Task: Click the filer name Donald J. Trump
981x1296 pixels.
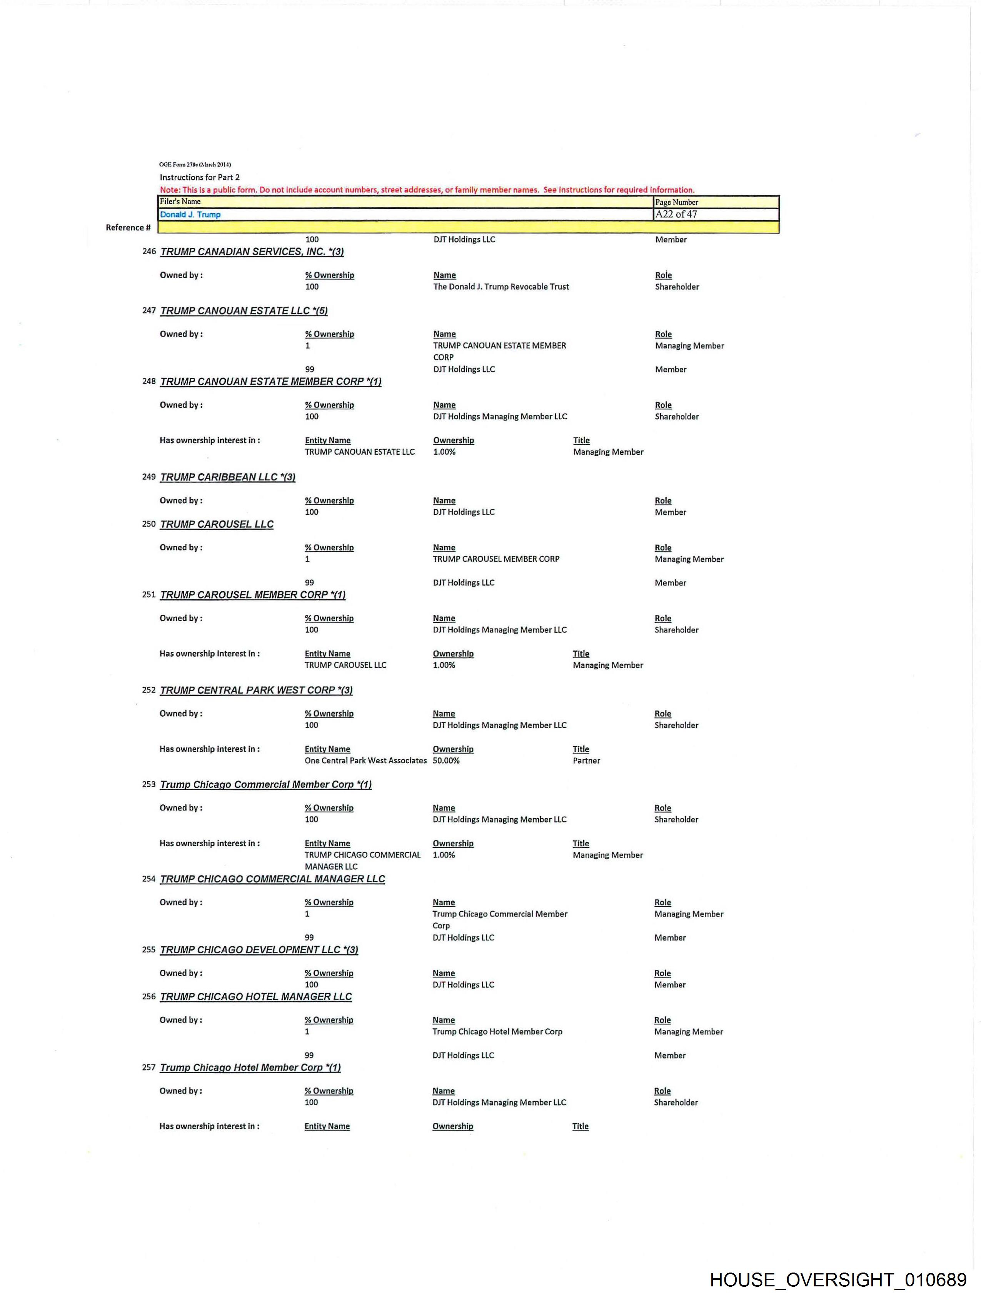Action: pos(190,214)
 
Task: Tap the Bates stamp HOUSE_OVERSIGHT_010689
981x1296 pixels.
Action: pos(838,1279)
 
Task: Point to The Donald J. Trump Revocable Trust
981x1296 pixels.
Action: pos(501,287)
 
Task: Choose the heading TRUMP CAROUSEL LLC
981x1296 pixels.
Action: pos(217,524)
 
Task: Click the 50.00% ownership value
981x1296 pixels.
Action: pos(446,761)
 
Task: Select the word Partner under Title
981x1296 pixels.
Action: pos(586,761)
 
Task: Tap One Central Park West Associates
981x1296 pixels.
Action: pos(365,761)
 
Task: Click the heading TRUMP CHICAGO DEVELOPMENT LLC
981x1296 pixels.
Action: pos(259,950)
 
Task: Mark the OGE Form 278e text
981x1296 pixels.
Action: pos(195,165)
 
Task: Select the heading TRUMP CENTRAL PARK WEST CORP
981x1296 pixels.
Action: pos(256,690)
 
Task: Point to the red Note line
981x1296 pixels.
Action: pos(427,190)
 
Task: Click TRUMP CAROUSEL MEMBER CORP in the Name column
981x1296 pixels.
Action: pos(496,559)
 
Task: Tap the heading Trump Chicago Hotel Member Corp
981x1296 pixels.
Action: pos(250,1067)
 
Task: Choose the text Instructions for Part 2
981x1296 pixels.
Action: pos(200,177)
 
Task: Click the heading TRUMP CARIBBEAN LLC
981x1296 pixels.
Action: pos(227,477)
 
